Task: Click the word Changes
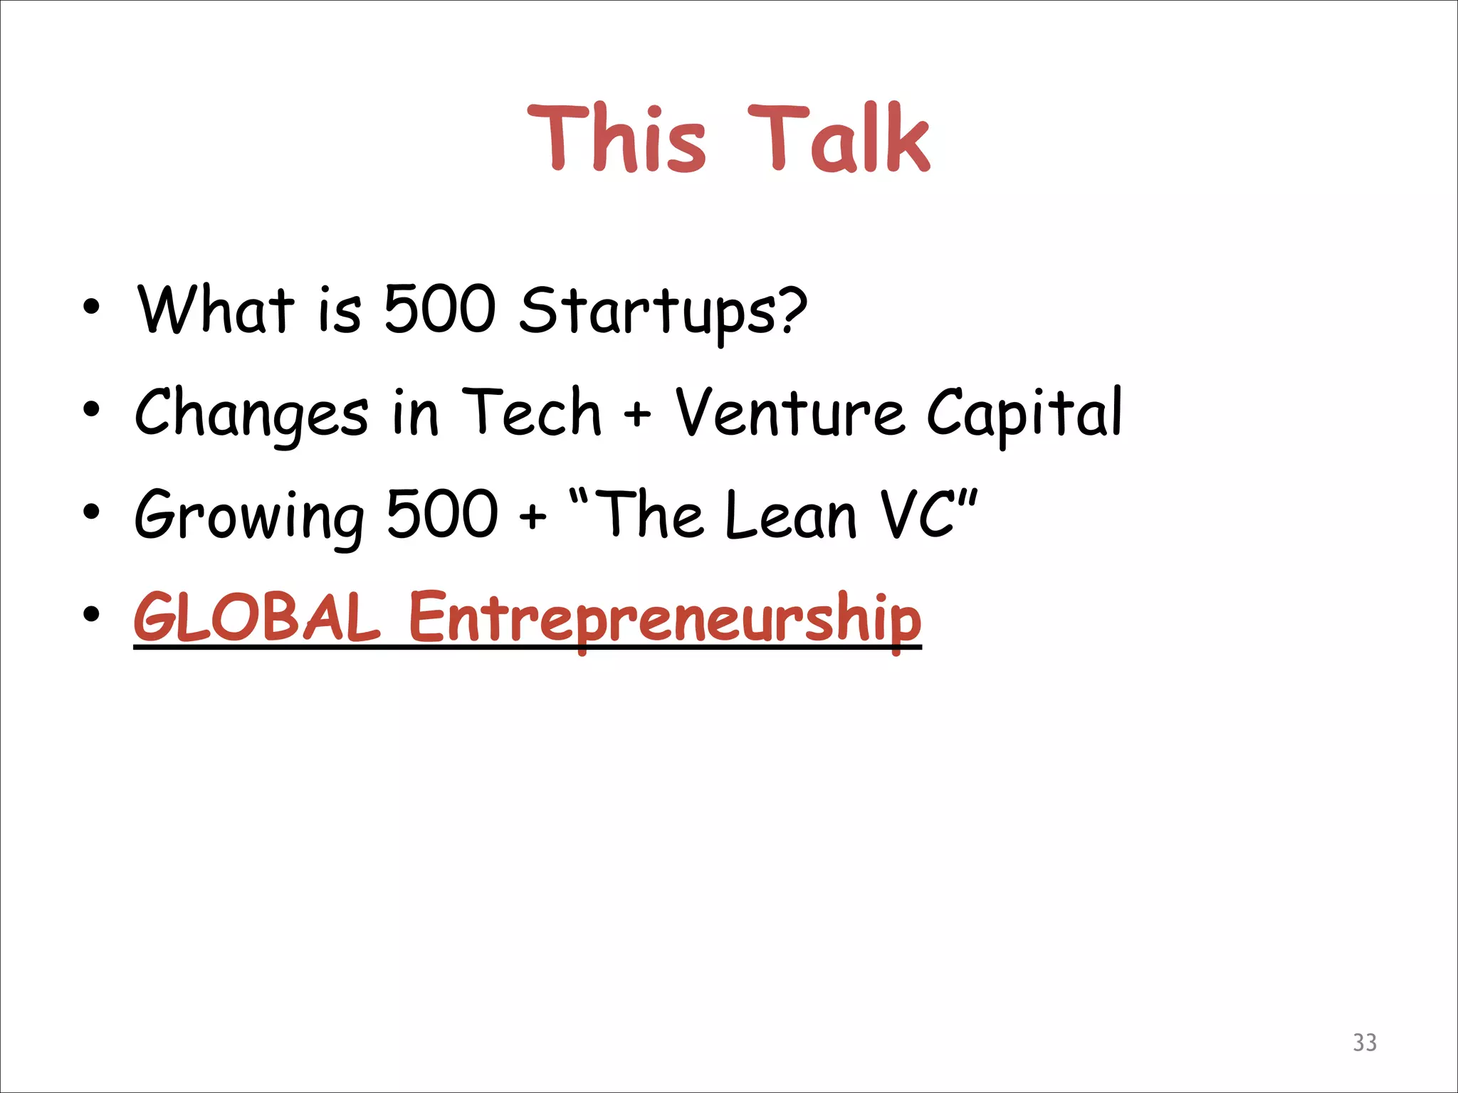(251, 414)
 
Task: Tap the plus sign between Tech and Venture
(637, 415)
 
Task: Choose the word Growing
(249, 516)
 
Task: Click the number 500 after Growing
(441, 513)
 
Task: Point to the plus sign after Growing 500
(533, 515)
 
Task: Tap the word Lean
(790, 514)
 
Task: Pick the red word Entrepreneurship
(665, 618)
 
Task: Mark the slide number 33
(1364, 1042)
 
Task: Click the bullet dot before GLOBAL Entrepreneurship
(91, 613)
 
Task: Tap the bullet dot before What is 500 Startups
(91, 307)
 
